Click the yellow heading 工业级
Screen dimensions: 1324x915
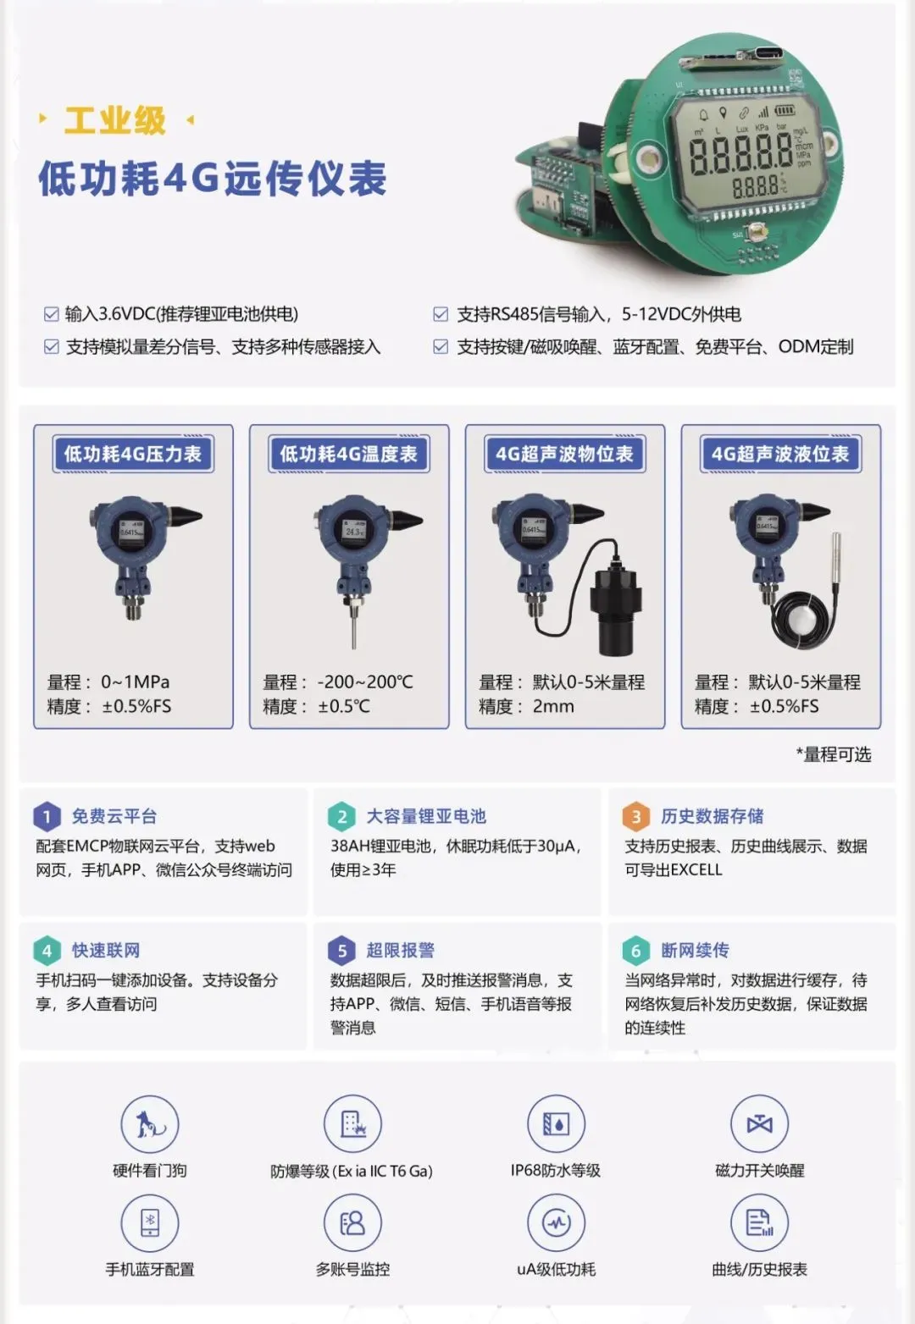point(115,121)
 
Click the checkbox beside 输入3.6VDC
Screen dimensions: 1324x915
point(51,315)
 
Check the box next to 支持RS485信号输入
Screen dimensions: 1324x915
point(441,315)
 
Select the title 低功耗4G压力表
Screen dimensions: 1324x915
point(133,455)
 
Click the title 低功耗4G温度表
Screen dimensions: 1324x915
point(349,455)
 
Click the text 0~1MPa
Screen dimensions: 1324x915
point(136,682)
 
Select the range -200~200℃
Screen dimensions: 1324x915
point(365,682)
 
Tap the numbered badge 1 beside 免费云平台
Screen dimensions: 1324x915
point(47,817)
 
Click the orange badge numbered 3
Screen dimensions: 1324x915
point(636,817)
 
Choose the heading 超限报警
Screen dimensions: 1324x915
point(400,951)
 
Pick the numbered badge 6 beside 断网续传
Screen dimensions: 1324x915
point(636,951)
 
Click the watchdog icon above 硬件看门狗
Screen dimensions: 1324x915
point(150,1124)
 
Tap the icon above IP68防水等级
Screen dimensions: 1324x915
point(556,1124)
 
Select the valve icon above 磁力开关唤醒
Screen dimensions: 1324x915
point(759,1124)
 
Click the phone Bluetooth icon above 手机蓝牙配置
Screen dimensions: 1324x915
point(150,1222)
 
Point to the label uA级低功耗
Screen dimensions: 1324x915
point(556,1270)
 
